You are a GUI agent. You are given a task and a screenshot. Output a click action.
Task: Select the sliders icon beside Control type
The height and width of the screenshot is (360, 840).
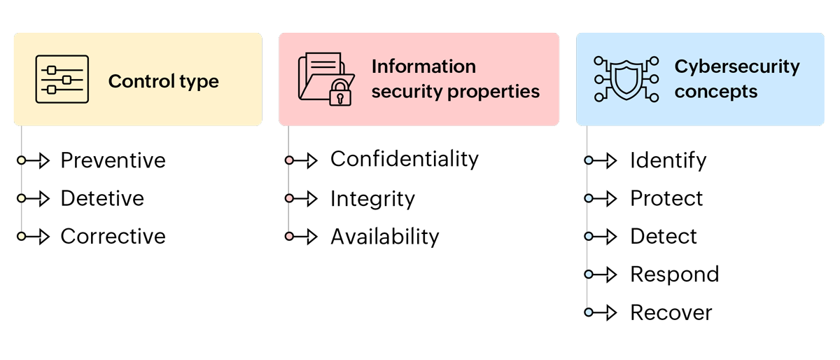62,79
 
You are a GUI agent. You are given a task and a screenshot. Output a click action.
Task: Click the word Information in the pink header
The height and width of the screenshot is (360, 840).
423,67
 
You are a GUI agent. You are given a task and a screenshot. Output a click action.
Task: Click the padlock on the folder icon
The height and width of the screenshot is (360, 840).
341,93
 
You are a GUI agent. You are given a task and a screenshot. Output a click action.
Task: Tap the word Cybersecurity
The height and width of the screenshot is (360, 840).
736,67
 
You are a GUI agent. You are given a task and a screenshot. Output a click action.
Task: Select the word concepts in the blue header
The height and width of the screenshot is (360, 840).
715,92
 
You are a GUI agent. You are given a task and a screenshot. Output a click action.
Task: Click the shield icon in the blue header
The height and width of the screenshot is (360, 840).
626,78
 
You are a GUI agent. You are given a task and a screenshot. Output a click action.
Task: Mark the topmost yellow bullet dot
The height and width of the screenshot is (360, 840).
22,160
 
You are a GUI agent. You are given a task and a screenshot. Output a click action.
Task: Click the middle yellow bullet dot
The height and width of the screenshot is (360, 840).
22,198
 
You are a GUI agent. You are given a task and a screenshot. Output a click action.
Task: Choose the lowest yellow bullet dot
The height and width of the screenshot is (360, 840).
22,236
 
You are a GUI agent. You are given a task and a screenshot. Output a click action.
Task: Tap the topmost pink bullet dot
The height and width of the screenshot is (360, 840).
289,160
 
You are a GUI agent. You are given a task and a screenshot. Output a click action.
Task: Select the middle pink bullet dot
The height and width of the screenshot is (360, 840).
289,198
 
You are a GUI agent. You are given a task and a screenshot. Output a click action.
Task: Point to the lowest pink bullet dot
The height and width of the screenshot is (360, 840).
289,236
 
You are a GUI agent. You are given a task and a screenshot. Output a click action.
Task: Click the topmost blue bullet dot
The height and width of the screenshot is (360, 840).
589,160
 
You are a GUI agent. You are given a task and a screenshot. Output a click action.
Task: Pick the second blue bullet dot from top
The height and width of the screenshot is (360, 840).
589,198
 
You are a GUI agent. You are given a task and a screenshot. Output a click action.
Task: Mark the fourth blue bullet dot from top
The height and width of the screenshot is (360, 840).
589,274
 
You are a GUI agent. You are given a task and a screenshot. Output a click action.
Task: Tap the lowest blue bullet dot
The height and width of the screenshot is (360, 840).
589,312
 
